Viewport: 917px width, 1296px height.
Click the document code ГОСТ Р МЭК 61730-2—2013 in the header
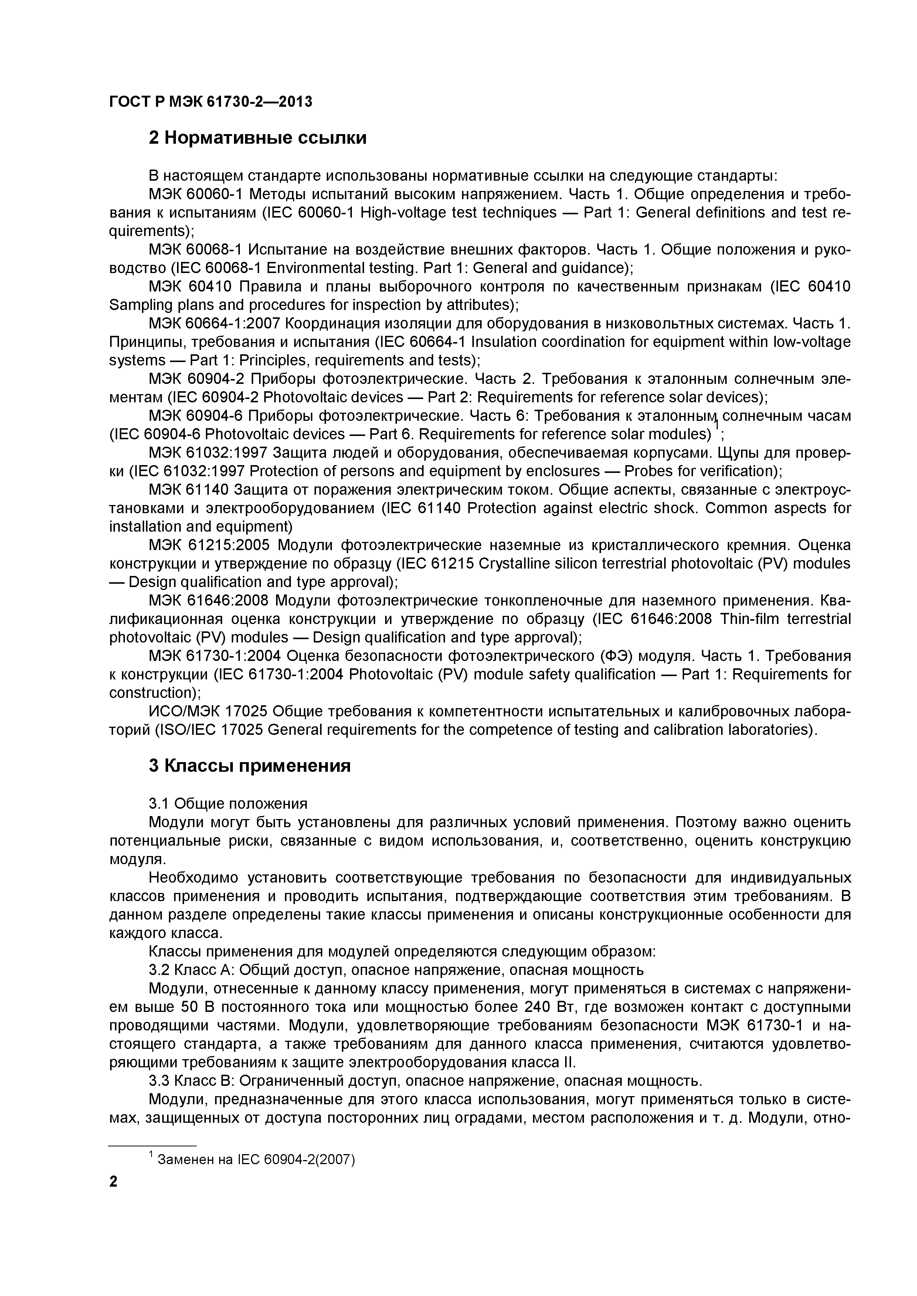pos(210,102)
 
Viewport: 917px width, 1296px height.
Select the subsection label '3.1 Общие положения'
pos(228,803)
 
